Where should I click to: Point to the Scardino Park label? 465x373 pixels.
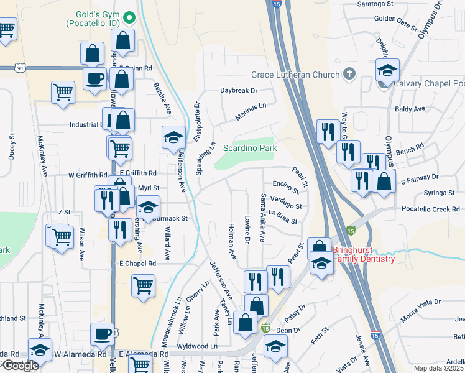click(250, 149)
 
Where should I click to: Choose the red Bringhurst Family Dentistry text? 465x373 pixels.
click(364, 255)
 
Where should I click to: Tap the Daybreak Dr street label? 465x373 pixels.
click(239, 90)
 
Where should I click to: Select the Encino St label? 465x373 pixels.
click(286, 187)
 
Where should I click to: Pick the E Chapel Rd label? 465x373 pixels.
click(137, 264)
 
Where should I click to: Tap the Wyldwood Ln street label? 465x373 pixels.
click(198, 346)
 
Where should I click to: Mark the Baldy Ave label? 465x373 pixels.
click(410, 109)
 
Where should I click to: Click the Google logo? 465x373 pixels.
click(20, 365)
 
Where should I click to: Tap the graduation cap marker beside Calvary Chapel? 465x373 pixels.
click(387, 71)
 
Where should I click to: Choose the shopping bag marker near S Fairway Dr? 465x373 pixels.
click(385, 182)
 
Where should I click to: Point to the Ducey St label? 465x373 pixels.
click(12, 146)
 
